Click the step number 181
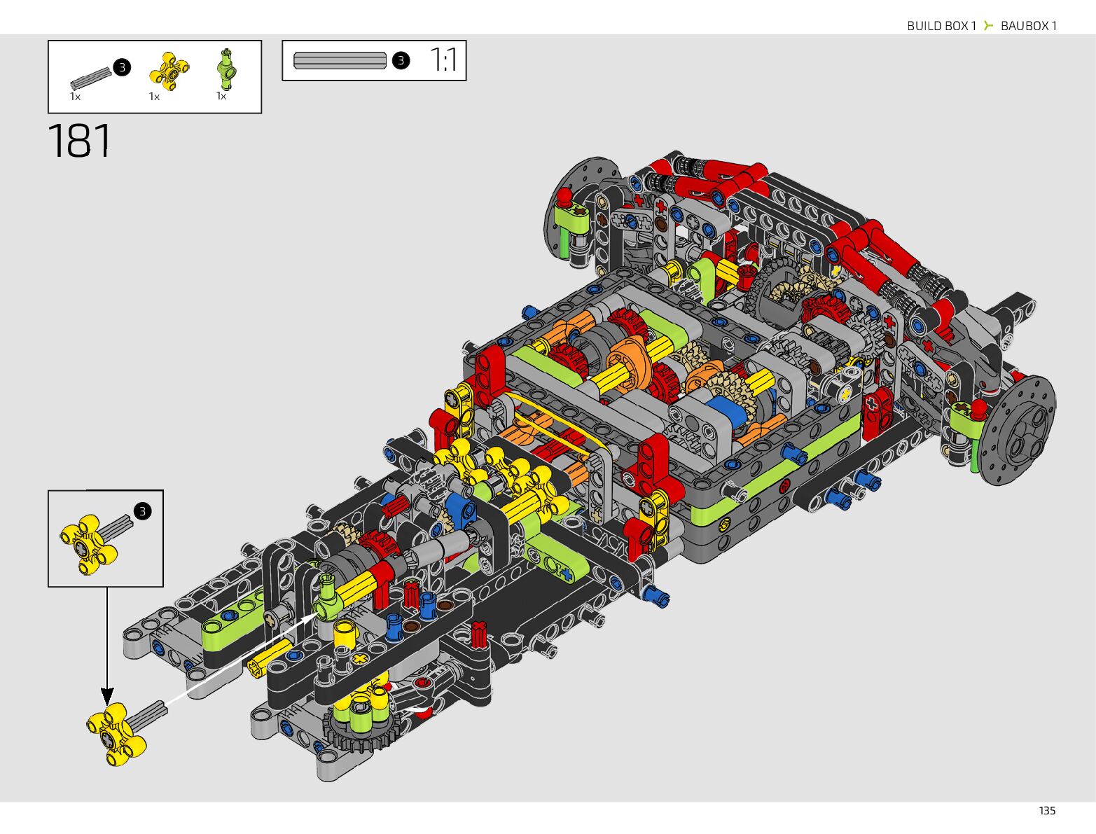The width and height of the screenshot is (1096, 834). pyautogui.click(x=79, y=141)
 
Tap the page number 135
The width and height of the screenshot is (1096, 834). pyautogui.click(x=1047, y=811)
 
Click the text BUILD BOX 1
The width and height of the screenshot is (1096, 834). pyautogui.click(x=941, y=26)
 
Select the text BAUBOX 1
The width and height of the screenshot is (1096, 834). pyautogui.click(x=1029, y=26)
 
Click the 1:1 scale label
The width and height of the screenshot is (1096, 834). pyautogui.click(x=443, y=60)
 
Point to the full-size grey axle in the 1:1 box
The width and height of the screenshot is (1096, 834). pyautogui.click(x=340, y=60)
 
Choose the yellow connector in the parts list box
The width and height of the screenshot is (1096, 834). pyautogui.click(x=169, y=71)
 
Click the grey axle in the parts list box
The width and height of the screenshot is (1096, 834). pyautogui.click(x=90, y=78)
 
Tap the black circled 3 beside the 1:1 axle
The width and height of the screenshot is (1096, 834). pyautogui.click(x=401, y=60)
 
